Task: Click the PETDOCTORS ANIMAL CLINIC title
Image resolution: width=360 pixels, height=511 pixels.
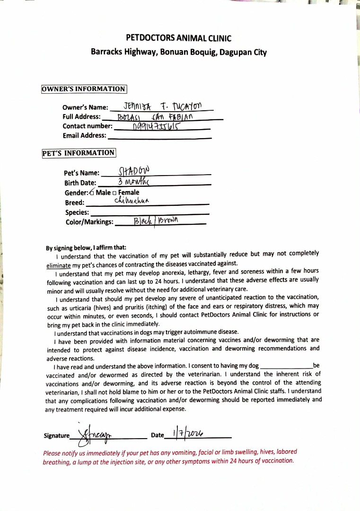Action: tap(179, 38)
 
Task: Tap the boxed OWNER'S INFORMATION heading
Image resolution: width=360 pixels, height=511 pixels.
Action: tap(84, 89)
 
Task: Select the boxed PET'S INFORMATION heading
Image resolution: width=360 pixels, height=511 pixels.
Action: tap(79, 153)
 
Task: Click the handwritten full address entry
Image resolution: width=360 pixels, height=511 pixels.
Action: tap(156, 116)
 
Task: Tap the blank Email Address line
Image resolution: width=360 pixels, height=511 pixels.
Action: tap(159, 136)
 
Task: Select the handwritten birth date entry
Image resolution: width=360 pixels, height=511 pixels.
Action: tap(134, 182)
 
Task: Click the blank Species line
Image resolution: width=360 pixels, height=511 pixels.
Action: tap(149, 212)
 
